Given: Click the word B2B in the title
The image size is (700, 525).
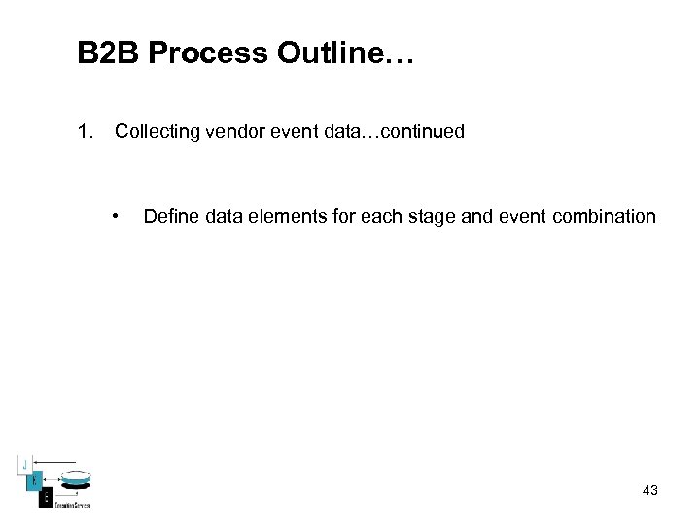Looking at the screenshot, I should (108, 53).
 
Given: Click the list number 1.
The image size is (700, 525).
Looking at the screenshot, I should (85, 131).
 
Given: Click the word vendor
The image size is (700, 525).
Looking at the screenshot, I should (231, 131).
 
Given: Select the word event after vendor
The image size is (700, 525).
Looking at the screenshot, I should (289, 131).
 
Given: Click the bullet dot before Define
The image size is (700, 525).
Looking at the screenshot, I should (116, 216).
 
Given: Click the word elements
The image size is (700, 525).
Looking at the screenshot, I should (281, 216).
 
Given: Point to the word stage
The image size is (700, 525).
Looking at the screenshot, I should (429, 216).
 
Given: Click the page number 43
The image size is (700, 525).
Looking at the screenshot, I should (650, 490).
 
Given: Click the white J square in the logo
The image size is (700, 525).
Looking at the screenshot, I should (26, 463).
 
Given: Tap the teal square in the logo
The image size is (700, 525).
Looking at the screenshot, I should (32, 478).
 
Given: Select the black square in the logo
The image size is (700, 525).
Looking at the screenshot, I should (45, 497).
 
